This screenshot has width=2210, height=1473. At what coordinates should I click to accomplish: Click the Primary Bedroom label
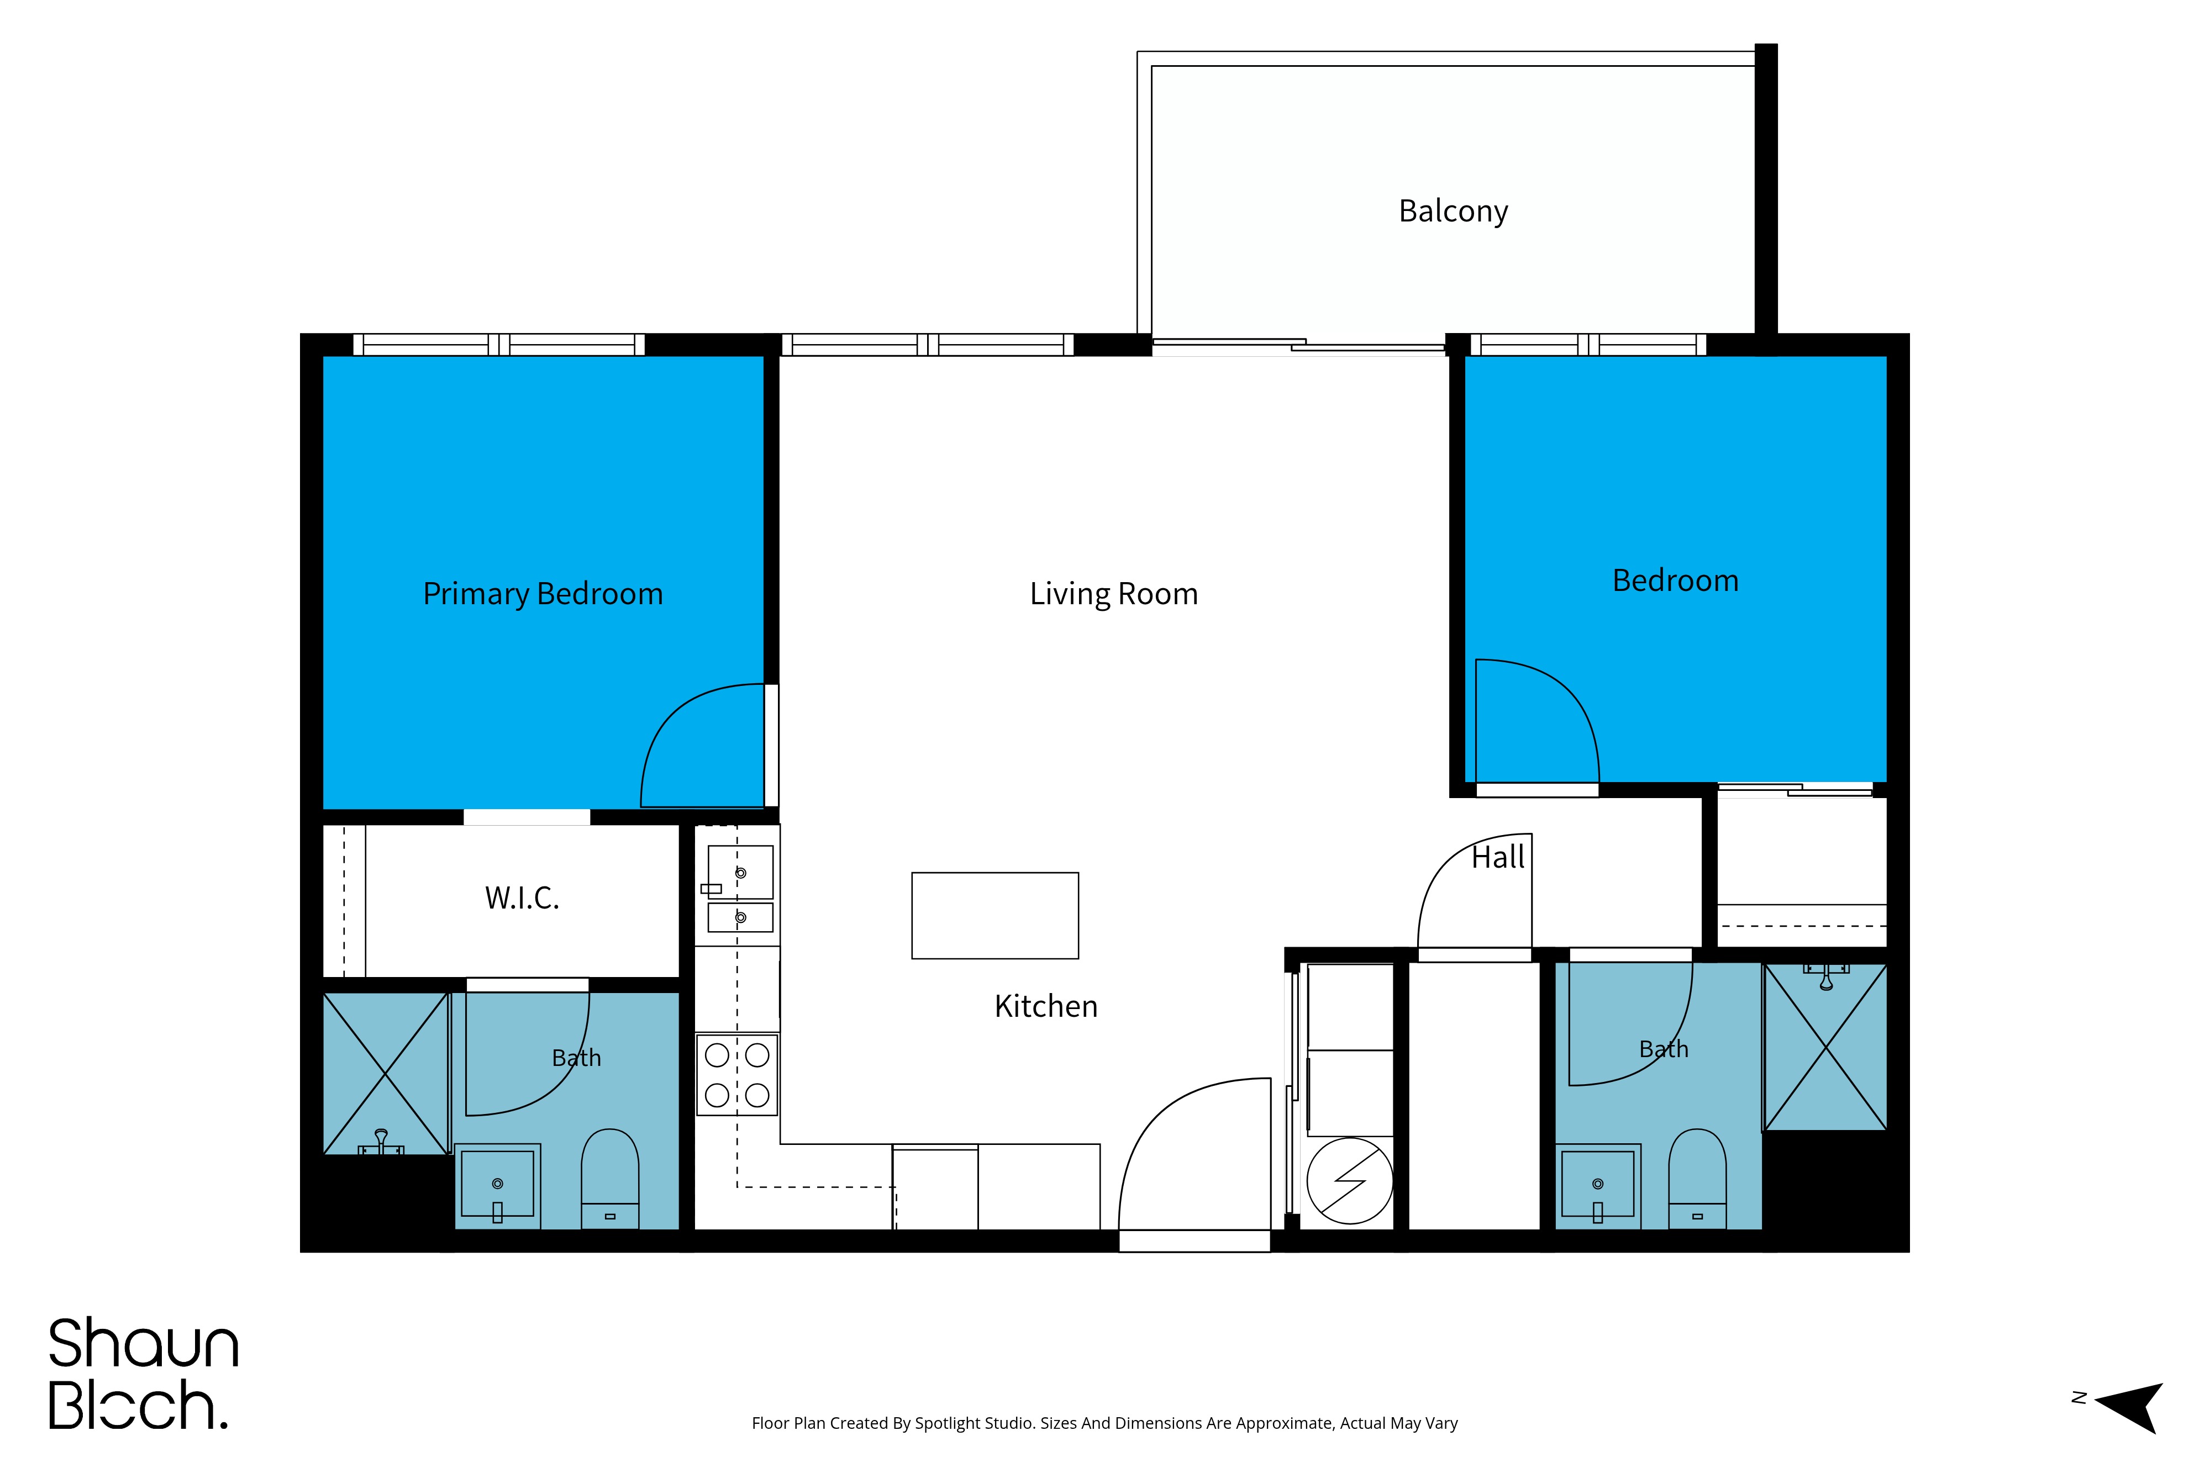[x=543, y=594]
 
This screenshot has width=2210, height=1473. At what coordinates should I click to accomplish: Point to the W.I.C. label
[x=523, y=898]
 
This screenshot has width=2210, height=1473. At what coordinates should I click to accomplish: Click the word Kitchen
[x=1046, y=1006]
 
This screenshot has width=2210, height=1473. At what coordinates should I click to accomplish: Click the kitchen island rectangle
[x=995, y=916]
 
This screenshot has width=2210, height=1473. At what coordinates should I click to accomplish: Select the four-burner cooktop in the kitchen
[x=736, y=1075]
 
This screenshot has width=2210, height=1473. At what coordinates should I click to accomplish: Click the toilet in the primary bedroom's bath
[x=610, y=1179]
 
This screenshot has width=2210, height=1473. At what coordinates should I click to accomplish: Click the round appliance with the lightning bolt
[x=1350, y=1181]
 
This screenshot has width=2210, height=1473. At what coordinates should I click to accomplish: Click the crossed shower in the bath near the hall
[x=1825, y=1047]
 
